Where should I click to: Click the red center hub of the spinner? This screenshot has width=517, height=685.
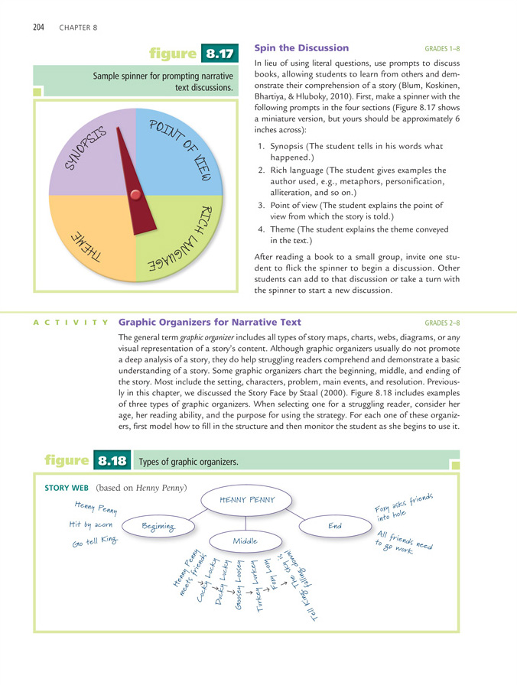click(135, 196)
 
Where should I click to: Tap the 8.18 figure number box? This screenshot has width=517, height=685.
click(112, 462)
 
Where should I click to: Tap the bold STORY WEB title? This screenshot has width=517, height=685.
click(69, 487)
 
